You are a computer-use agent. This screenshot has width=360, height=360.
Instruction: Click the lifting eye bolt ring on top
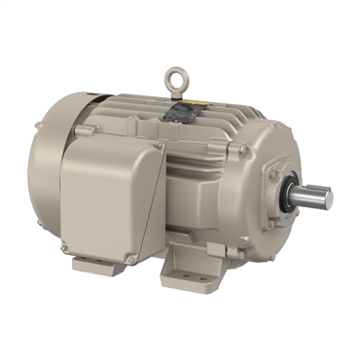point(176,73)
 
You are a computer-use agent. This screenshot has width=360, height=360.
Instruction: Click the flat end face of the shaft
point(328,198)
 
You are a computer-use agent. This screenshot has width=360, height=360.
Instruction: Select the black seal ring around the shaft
point(290,190)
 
